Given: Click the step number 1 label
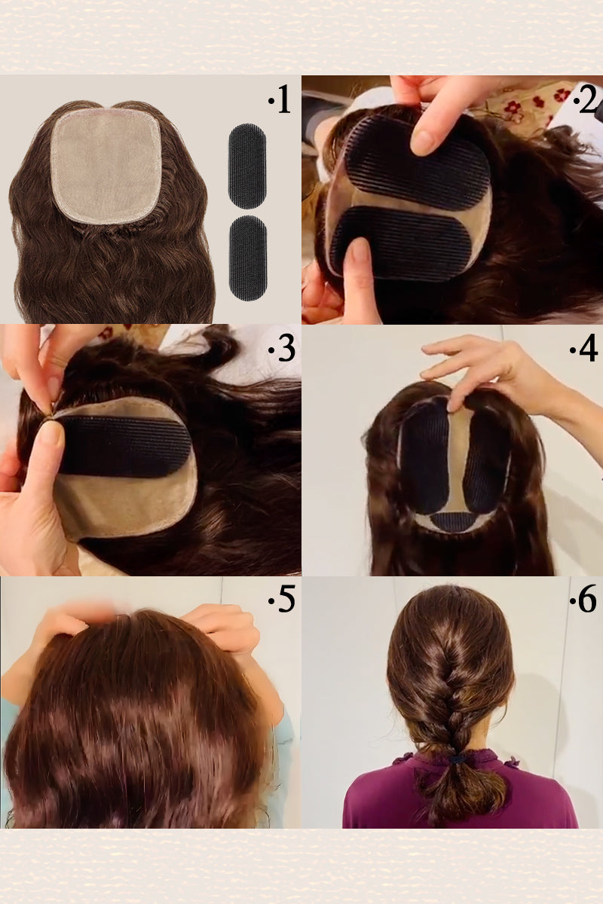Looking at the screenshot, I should [280, 100].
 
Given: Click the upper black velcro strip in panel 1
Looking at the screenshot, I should [247, 166].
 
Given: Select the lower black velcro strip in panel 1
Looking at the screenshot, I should [247, 258].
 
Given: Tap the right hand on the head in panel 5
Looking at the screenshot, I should [222, 629].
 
